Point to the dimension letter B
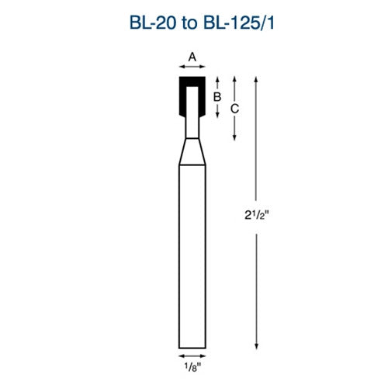coord(218,96)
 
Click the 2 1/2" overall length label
coord(257,211)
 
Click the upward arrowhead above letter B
coord(218,79)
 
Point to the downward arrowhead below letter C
coord(235,137)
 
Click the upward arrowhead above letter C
coord(235,79)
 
